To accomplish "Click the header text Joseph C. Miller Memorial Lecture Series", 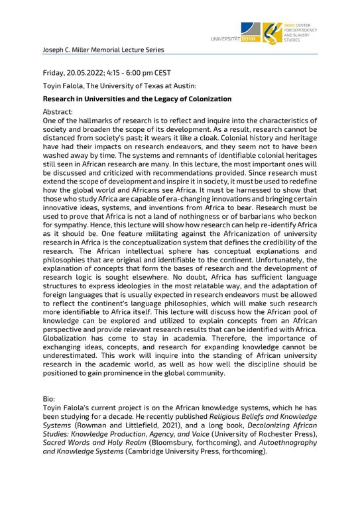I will pos(103,50).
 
